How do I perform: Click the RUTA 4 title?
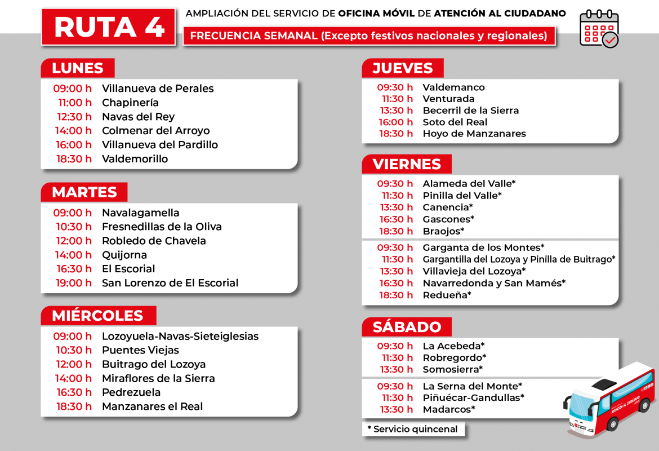tap(108, 26)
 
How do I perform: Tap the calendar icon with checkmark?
tap(599, 29)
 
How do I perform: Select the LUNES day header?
tap(78, 68)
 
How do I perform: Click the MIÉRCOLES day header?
tap(97, 316)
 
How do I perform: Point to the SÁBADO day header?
tap(407, 327)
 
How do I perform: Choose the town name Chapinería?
tap(130, 103)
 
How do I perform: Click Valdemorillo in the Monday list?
tap(135, 159)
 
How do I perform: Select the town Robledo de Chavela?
tap(154, 241)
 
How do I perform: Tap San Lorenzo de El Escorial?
tap(170, 283)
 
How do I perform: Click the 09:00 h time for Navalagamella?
tap(72, 213)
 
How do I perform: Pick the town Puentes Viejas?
tap(140, 350)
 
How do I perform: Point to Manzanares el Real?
tap(152, 406)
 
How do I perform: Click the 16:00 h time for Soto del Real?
tap(396, 122)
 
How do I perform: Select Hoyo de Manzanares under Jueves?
tap(474, 134)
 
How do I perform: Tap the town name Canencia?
tap(448, 207)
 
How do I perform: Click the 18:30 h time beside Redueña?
tap(396, 295)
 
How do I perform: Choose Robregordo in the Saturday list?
tap(454, 358)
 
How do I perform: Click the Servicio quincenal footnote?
tap(413, 429)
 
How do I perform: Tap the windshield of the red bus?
tap(580, 406)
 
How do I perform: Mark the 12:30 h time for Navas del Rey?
tap(74, 117)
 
